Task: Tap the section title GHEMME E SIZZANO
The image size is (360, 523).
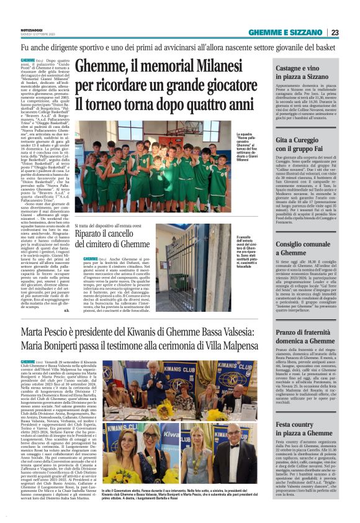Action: (286, 32)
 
